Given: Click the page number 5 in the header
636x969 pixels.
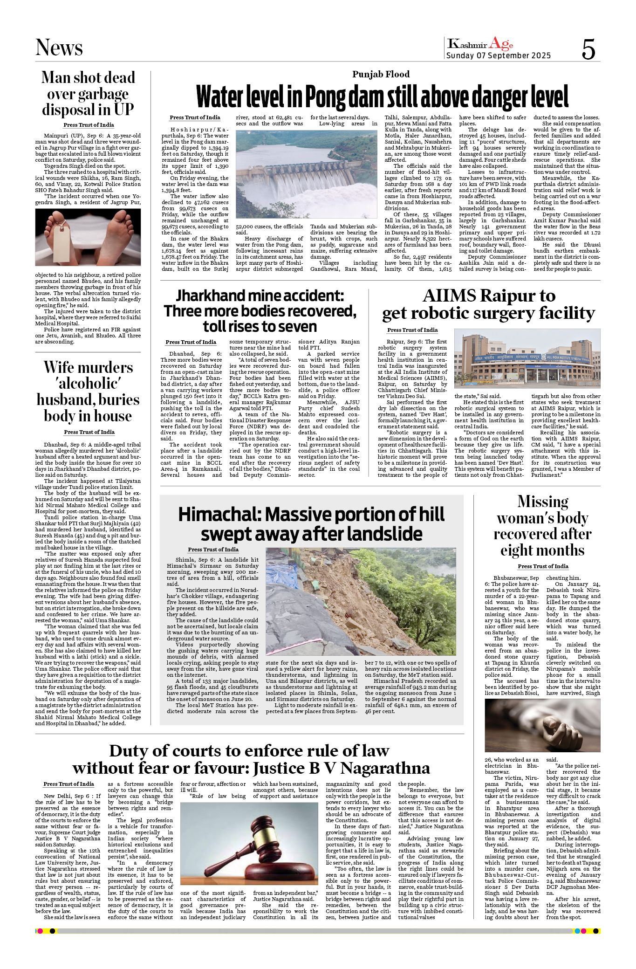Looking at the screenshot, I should (588, 49).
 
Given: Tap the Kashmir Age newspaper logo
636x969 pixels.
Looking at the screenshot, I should (480, 44).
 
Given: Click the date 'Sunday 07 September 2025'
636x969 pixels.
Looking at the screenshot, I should (498, 55).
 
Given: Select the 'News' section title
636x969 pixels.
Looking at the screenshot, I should (59, 48).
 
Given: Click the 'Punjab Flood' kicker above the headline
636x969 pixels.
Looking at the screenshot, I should (381, 74).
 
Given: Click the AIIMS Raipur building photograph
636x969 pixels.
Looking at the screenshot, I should (527, 358).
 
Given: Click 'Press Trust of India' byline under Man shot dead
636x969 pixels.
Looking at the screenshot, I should (89, 125).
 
